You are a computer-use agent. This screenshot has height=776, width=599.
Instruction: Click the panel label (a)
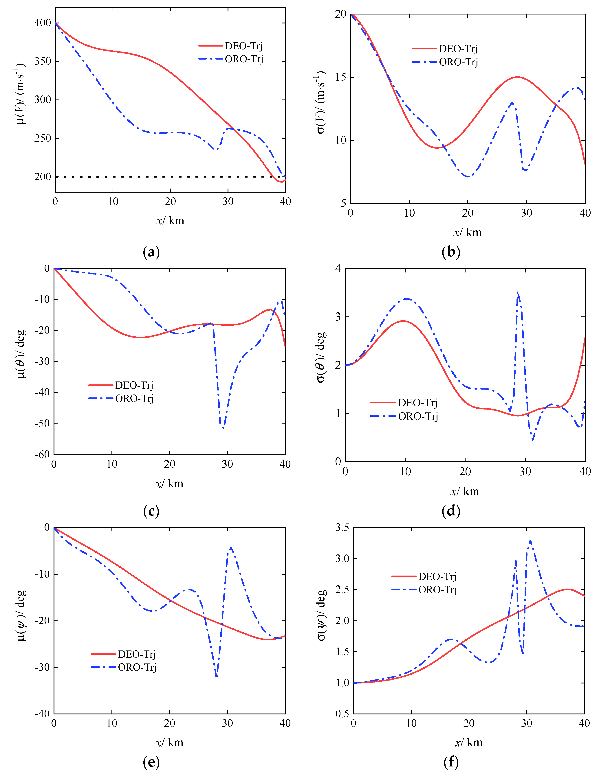pos(151,252)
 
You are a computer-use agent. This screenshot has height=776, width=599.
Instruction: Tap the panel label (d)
pos(451,511)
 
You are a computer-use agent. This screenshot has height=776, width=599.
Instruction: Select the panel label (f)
pos(451,761)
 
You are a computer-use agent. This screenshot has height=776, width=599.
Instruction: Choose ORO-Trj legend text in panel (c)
pos(134,398)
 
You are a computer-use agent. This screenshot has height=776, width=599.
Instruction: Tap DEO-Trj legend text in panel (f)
pos(437,576)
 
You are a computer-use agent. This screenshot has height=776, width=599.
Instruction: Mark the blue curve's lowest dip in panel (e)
pos(217,677)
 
